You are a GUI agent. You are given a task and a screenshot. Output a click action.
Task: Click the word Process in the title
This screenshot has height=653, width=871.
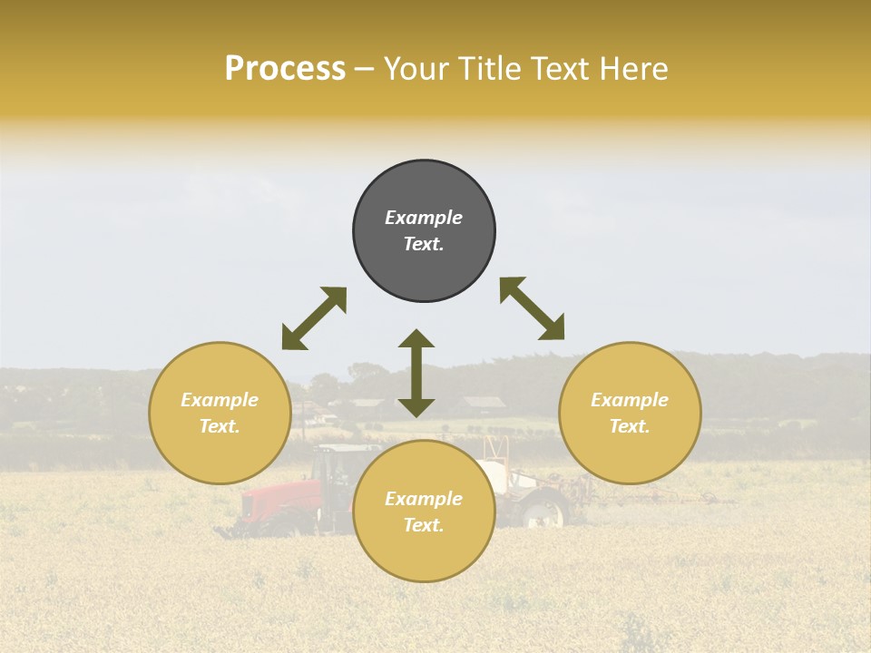point(285,69)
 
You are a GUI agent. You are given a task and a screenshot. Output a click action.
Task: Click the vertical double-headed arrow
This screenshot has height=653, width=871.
point(416,373)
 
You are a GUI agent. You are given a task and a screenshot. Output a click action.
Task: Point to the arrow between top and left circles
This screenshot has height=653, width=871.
point(314,318)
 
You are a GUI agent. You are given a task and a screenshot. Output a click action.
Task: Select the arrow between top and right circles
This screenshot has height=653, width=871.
point(532,308)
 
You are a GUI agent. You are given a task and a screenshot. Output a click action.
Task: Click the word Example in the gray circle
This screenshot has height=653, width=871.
point(424,218)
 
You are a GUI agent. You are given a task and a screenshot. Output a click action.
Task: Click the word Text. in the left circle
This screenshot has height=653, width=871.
point(220,426)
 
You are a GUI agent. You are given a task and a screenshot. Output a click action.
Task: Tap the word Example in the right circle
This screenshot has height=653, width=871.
point(630,400)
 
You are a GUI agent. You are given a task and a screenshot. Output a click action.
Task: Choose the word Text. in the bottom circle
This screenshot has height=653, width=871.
point(424,525)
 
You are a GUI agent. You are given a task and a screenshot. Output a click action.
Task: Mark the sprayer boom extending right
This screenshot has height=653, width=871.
point(662,496)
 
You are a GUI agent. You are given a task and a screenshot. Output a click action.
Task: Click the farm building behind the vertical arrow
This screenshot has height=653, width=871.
point(484,402)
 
